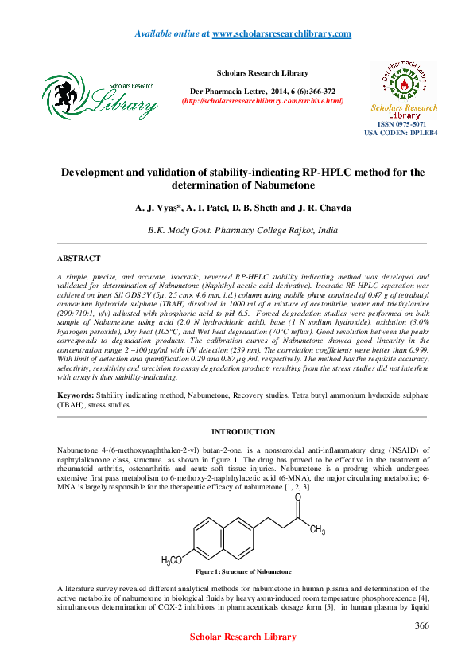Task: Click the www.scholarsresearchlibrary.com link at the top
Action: pos(282,33)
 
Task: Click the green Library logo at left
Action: pos(100,95)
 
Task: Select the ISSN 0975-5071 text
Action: pos(401,125)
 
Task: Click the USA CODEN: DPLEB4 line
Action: pos(401,133)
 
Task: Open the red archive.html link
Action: pos(263,101)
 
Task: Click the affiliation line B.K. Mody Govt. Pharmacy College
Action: pos(242,229)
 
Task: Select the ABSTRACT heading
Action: pos(79,259)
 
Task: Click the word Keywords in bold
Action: pos(75,395)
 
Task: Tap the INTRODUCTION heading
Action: pos(242,432)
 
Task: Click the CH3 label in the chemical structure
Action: pos(317,530)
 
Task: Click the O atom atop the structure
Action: pos(297,497)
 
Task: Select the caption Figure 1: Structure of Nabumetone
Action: pos(238,572)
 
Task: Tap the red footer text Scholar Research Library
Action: pos(243,637)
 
